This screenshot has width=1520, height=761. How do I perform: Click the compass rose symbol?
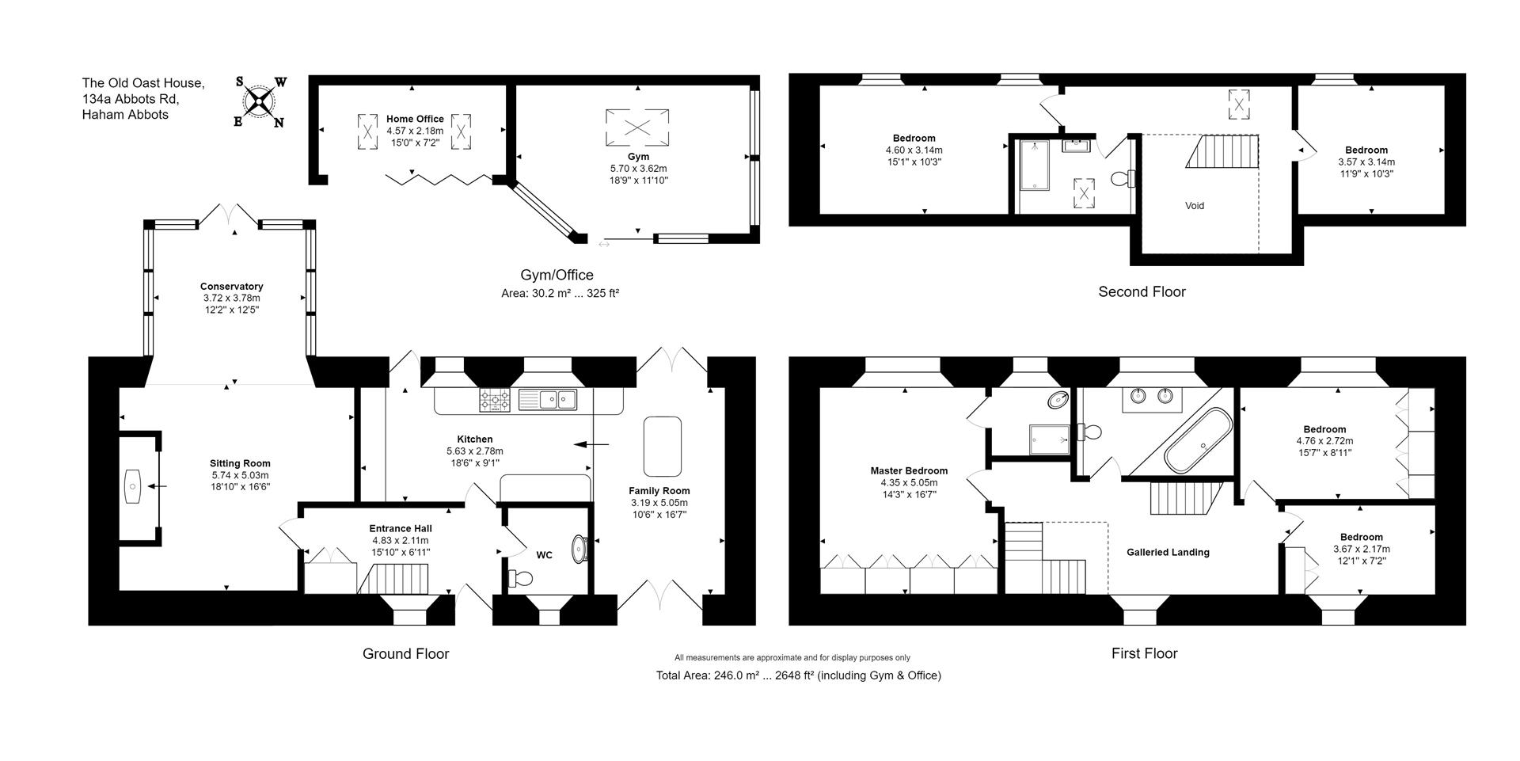pos(260,101)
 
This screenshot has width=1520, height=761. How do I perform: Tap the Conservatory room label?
pos(231,287)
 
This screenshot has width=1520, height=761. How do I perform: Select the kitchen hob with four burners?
pos(496,400)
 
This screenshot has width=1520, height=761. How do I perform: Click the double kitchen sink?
pos(549,400)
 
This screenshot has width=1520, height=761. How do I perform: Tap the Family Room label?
pos(659,491)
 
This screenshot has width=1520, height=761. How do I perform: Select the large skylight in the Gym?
pos(636,127)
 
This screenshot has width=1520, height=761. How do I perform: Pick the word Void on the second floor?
pos(1194,206)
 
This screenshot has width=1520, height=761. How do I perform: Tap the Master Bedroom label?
pos(908,470)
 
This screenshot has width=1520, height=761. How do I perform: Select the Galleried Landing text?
pos(1168,553)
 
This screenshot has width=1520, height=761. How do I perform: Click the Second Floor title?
pos(1142,291)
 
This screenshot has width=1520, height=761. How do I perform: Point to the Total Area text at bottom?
pos(798,675)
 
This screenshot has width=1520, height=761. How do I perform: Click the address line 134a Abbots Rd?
pos(131,99)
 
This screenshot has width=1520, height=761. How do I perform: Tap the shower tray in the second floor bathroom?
pos(1033,166)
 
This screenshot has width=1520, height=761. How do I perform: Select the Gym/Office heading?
pos(557,275)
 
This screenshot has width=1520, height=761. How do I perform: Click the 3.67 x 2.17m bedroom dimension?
pos(1361,549)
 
